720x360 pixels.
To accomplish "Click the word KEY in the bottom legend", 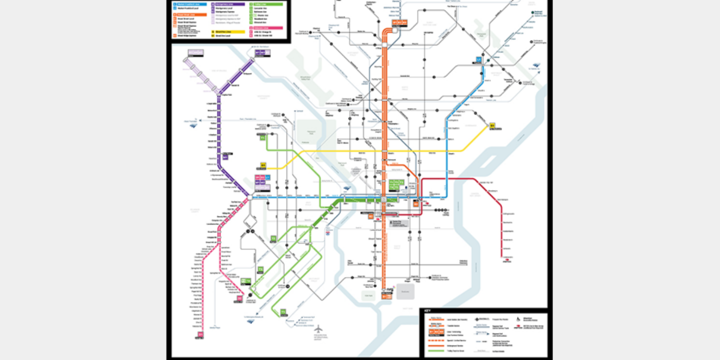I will tap(427, 311).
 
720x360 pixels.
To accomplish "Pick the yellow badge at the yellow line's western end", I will tap(263, 165).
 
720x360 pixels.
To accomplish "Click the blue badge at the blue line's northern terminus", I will tap(478, 60).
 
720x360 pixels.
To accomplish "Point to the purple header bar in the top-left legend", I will tap(230, 4).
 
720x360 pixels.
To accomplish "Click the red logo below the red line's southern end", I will tap(506, 259).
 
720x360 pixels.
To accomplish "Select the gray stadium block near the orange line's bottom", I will tap(405, 291).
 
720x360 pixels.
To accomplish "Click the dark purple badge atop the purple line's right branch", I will tap(262, 52).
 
